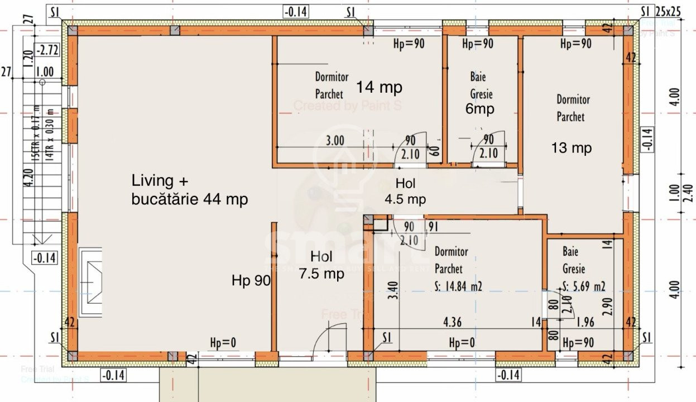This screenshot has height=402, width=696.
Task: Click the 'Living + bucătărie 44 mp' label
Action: point(190,190)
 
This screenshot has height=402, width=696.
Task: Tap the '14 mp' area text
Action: point(380,88)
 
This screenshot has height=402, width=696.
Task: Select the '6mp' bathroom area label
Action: point(480,109)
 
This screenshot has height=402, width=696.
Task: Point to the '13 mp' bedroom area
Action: point(571,148)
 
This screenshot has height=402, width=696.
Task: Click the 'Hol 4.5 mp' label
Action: point(405,191)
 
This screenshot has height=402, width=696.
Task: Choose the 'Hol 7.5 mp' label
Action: point(321,265)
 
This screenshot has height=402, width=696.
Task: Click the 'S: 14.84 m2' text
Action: point(458,286)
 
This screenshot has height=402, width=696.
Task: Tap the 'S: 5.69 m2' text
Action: point(584,287)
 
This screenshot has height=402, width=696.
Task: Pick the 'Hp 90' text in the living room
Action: point(251,281)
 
